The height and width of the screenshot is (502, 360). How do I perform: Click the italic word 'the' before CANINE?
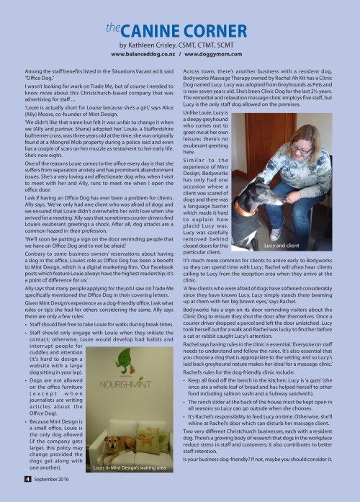point(112,27)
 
